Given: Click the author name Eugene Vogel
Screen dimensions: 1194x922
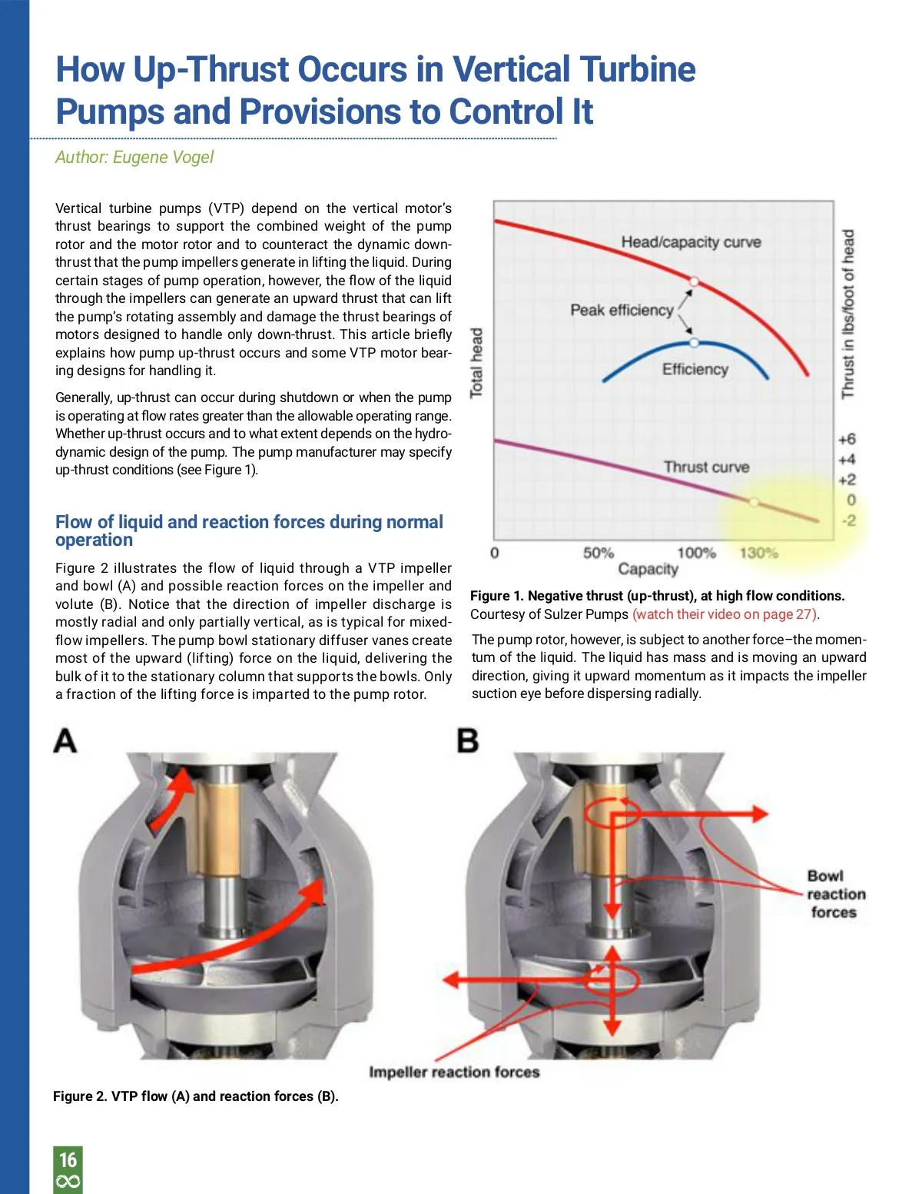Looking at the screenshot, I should click(163, 158).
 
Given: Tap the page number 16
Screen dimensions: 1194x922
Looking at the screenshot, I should click(68, 1159).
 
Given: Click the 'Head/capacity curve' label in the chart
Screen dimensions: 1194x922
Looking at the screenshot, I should click(691, 242).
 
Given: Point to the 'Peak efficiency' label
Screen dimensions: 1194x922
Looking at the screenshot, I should click(622, 310).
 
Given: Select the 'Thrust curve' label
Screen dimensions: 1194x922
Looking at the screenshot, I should click(706, 467).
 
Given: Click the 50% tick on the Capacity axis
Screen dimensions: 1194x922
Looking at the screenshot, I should click(598, 553).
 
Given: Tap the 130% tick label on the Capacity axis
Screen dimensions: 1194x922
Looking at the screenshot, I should click(758, 553).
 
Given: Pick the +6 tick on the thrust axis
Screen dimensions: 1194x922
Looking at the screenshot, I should click(847, 439).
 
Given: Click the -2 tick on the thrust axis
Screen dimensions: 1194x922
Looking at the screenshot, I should click(848, 521).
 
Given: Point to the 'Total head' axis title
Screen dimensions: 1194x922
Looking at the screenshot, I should click(476, 363).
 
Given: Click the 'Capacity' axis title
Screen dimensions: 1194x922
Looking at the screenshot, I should click(648, 569).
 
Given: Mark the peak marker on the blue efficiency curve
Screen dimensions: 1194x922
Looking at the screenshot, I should click(694, 342).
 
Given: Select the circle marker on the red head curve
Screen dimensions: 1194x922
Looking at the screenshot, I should click(693, 282).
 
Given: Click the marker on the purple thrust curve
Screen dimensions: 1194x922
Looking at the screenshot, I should click(754, 502).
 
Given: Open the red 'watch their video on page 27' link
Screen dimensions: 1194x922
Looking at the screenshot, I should click(725, 614).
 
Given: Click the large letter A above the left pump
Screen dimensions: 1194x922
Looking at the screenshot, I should click(65, 741).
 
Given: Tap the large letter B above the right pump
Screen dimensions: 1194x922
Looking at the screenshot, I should click(467, 741).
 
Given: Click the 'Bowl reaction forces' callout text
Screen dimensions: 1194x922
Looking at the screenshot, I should click(834, 894).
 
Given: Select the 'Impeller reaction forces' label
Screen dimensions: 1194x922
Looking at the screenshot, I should click(454, 1072).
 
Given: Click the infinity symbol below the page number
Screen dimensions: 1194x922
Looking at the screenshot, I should click(68, 1182).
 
